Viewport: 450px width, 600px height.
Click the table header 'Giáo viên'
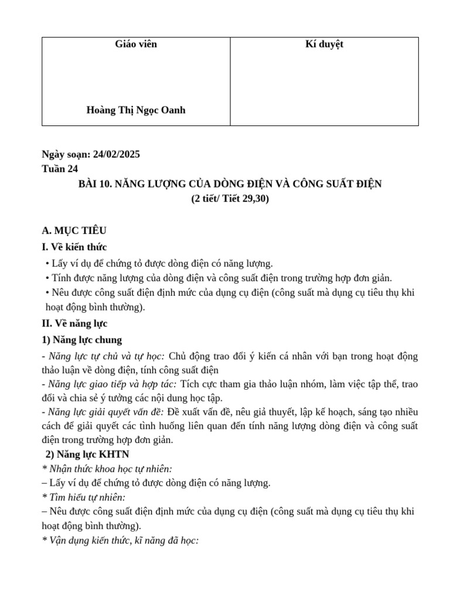tap(136, 45)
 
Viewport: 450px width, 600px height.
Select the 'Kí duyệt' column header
tap(324, 45)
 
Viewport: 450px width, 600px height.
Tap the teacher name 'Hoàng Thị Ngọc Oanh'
tap(136, 110)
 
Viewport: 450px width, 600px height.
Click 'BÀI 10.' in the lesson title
tap(96, 184)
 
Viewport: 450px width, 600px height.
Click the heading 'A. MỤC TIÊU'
tap(74, 230)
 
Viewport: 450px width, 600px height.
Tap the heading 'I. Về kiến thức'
tap(74, 247)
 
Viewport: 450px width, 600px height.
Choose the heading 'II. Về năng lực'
tap(75, 323)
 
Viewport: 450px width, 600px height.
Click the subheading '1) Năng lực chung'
tap(82, 339)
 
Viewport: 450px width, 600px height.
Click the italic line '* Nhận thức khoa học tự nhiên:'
tap(107, 469)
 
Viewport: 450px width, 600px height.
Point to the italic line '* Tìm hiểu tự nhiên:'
tap(84, 497)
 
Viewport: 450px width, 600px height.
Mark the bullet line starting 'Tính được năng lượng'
tap(219, 278)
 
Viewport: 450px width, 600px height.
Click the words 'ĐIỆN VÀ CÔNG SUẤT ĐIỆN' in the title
tap(325, 184)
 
